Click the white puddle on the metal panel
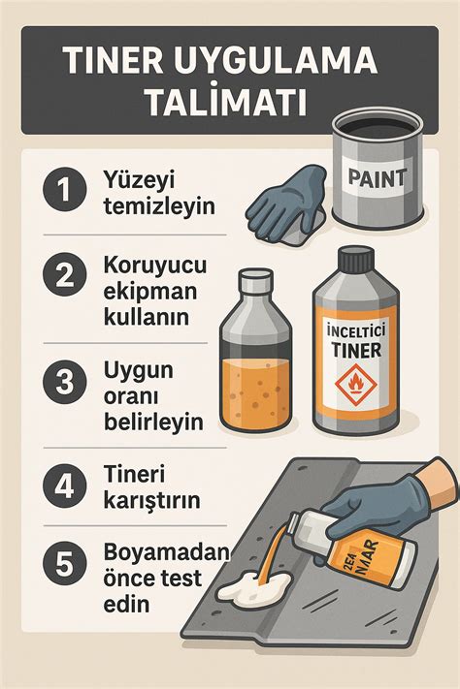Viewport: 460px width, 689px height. pos(254,586)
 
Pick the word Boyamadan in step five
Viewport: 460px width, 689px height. pos(165,551)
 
